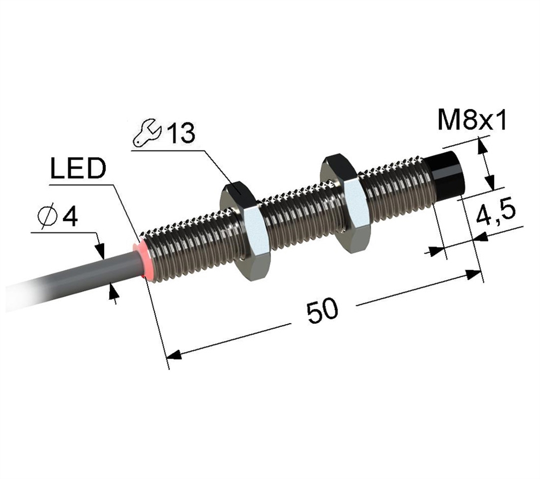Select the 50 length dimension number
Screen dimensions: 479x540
tap(322, 312)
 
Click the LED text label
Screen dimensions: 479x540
tap(77, 170)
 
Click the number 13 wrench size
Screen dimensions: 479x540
tap(180, 134)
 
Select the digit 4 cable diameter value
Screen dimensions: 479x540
tap(70, 217)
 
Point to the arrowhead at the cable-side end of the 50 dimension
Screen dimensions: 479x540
tap(172, 355)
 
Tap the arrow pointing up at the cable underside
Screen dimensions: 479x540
tap(113, 291)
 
